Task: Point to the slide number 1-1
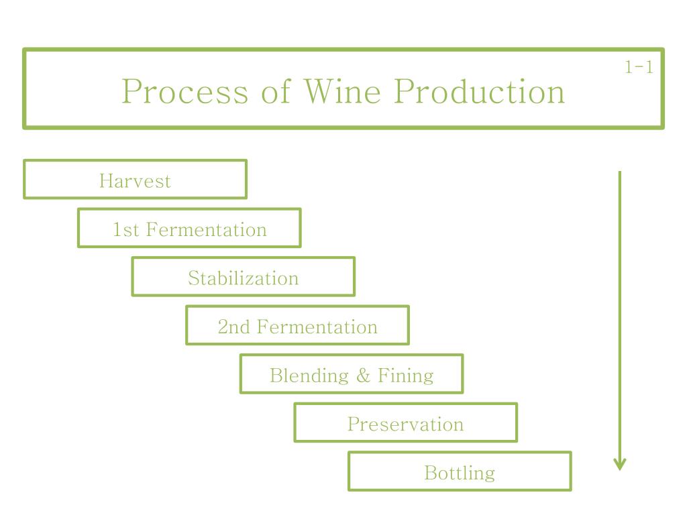pos(639,68)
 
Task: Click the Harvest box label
pos(135,181)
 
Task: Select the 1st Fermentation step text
pos(189,230)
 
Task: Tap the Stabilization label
pos(243,278)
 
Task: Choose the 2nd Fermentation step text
pos(297,327)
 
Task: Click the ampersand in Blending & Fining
pos(363,376)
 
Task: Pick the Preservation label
pos(405,424)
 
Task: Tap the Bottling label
pos(460,473)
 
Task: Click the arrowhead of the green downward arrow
pos(620,464)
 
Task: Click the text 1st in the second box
pos(125,230)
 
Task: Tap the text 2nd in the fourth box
pos(233,327)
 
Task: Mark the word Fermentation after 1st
pos(206,230)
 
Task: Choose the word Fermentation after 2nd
pos(317,327)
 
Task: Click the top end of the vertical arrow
pos(620,174)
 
